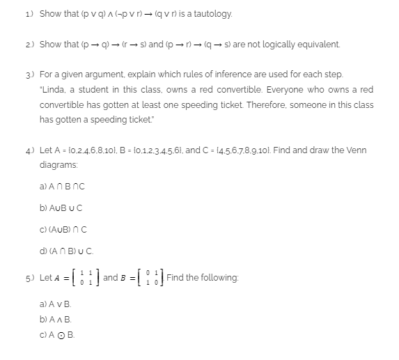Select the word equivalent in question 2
(x=318, y=44)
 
